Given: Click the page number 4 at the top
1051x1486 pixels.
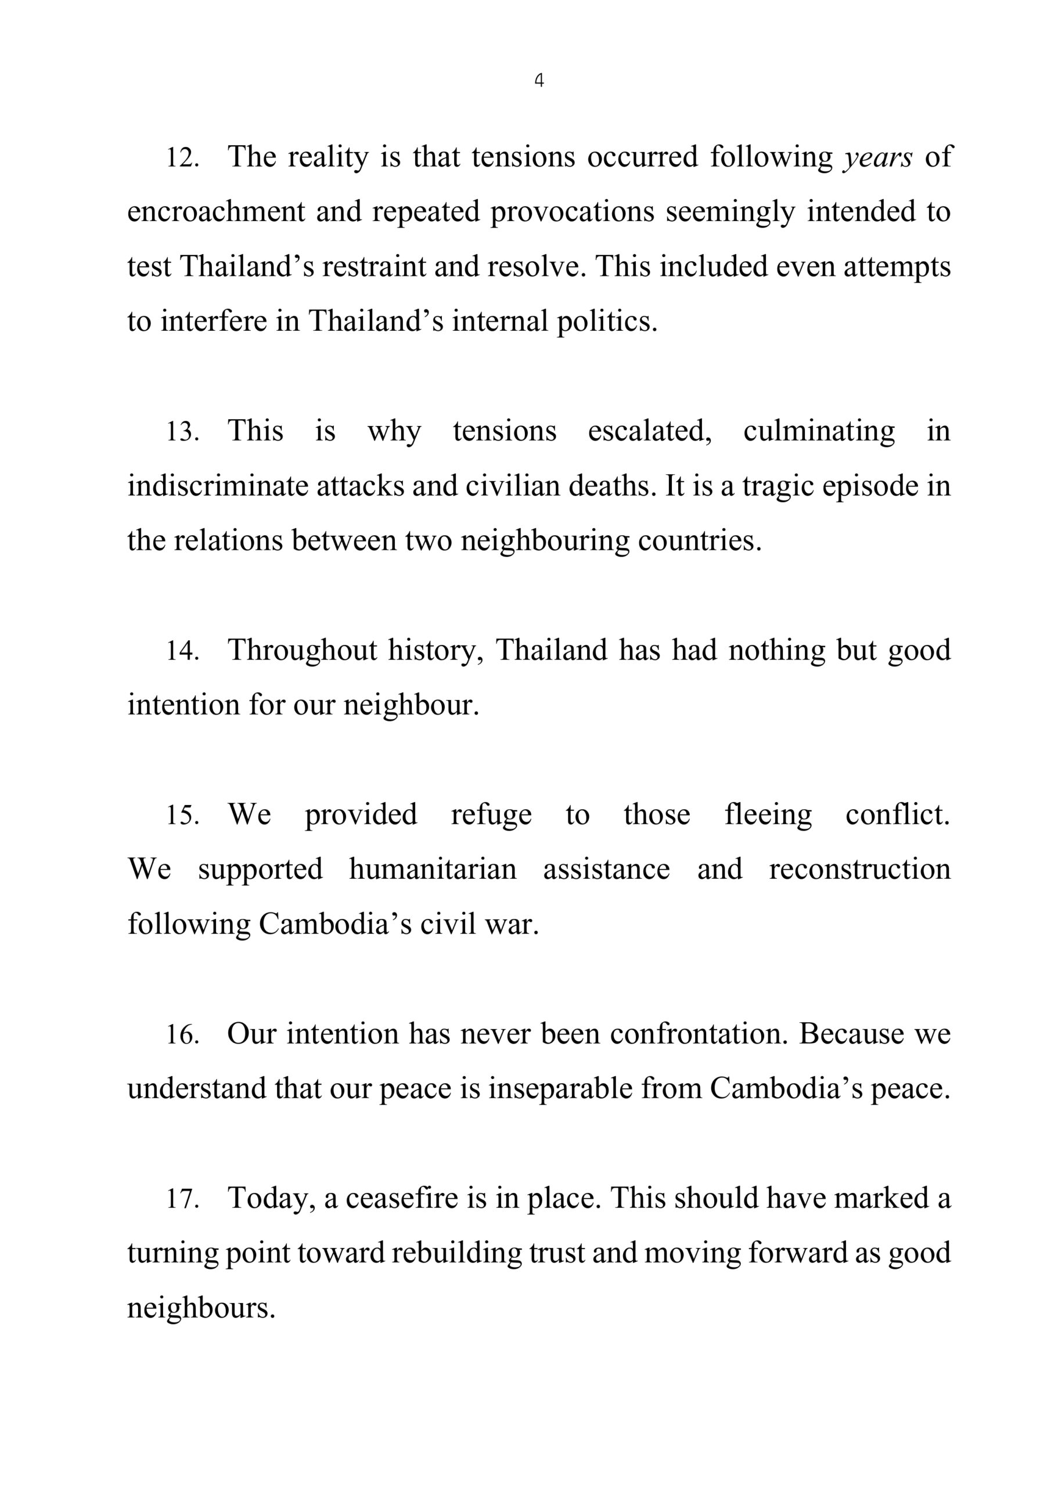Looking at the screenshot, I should (x=539, y=80).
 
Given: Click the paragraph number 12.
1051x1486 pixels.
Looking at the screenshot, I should (x=182, y=157).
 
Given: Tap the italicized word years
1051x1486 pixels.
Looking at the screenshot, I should (x=878, y=157).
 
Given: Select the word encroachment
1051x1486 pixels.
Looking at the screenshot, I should (x=215, y=212).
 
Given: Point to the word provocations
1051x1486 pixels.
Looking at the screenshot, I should (x=572, y=212).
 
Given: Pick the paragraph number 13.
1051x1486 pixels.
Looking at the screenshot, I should (x=182, y=432).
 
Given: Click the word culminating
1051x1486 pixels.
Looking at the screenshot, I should (x=819, y=432).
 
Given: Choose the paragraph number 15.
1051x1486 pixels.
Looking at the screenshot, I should (x=182, y=815).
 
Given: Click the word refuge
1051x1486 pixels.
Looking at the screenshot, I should (x=491, y=815).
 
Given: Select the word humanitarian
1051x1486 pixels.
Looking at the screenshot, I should (x=433, y=869).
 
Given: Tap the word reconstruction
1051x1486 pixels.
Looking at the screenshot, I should (x=859, y=869).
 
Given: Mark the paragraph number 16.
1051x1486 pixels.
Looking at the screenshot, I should (x=182, y=1034).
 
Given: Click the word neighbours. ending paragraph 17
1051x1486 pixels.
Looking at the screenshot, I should (x=201, y=1307).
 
